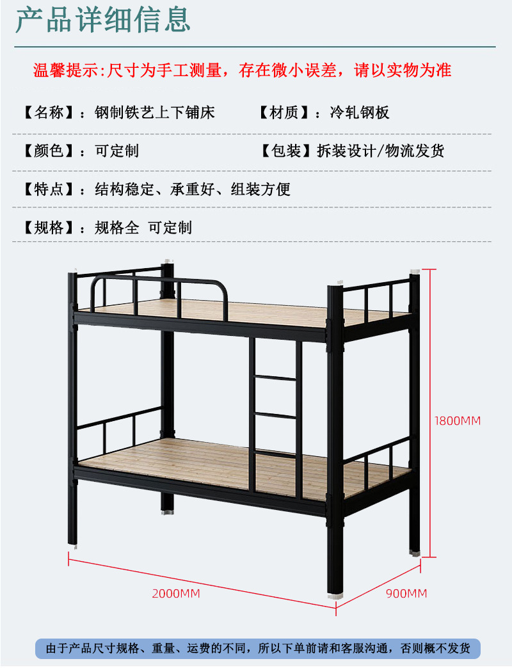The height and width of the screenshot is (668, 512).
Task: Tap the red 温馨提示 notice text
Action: pyautogui.click(x=243, y=70)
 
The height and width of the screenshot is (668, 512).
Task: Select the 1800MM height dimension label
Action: pyautogui.click(x=457, y=421)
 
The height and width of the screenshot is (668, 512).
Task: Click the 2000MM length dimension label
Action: pyautogui.click(x=176, y=594)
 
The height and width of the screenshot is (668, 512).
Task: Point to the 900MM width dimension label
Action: pyautogui.click(x=406, y=594)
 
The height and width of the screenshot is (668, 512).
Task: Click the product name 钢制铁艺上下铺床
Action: pyautogui.click(x=155, y=113)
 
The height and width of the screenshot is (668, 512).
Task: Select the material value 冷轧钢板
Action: pyautogui.click(x=360, y=113)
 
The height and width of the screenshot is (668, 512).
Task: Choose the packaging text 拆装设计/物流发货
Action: pyautogui.click(x=380, y=151)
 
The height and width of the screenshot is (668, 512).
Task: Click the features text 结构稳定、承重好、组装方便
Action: pyautogui.click(x=193, y=189)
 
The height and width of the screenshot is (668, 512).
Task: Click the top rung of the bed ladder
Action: pyautogui.click(x=276, y=378)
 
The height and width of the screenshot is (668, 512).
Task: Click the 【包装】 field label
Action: pyautogui.click(x=282, y=151)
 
